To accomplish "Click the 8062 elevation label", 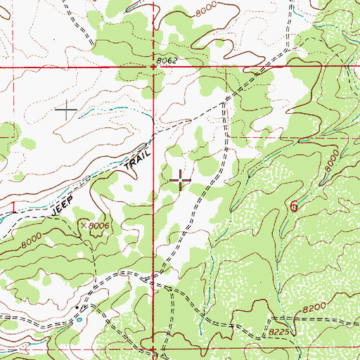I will [167, 60].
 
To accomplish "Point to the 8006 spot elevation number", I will [101, 225].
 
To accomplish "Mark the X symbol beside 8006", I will [84, 225].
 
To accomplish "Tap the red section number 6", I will [293, 205].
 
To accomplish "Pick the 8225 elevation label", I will [280, 328].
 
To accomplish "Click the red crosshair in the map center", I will [180, 181].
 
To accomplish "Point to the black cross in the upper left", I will [67, 109].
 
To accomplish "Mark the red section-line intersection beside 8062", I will [155, 67].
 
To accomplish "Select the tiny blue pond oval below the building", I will [79, 319].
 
